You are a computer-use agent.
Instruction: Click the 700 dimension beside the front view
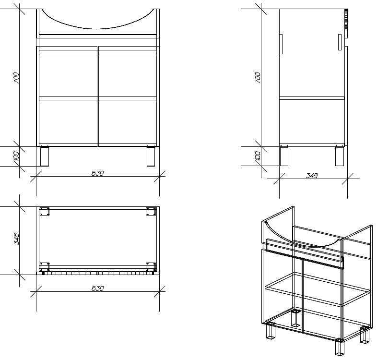point(16,77)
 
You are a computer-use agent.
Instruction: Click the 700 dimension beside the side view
point(258,77)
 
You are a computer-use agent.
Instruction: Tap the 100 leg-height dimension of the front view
point(16,156)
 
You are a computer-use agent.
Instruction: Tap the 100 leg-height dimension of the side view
point(258,156)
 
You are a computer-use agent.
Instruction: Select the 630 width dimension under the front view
point(98,173)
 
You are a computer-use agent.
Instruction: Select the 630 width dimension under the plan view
point(98,288)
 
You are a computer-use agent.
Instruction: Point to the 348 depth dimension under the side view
point(312,176)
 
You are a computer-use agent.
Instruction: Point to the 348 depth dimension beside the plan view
point(16,239)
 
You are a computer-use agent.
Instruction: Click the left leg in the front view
point(45,156)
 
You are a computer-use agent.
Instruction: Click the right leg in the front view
point(151,156)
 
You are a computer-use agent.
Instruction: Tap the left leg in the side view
point(284,156)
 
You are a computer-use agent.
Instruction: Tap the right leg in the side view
point(340,156)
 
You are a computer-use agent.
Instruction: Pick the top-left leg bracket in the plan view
point(45,212)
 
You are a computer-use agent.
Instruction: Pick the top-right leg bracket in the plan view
point(151,212)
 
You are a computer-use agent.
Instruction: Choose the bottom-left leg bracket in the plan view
point(45,267)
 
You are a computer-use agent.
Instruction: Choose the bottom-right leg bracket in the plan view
point(151,267)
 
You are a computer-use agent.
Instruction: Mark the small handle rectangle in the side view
point(340,42)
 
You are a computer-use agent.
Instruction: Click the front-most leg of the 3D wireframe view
point(340,347)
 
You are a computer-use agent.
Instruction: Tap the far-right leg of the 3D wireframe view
point(365,335)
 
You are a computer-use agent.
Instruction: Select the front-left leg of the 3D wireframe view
point(271,331)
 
